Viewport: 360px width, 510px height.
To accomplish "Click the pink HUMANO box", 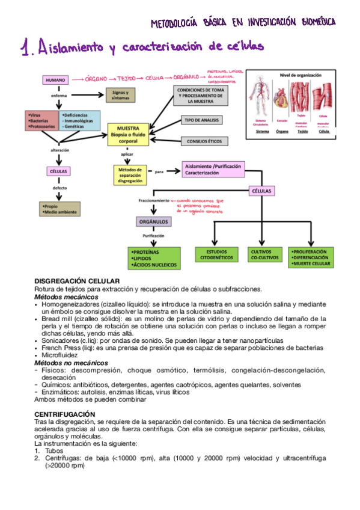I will pos(56,79).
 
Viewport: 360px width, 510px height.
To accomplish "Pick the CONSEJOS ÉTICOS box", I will pos(202,142).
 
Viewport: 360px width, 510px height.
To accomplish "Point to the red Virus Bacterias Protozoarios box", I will pos(40,120).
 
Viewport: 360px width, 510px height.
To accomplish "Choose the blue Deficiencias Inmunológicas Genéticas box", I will pos(80,120).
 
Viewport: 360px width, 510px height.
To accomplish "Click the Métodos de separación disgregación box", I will pos(130,174).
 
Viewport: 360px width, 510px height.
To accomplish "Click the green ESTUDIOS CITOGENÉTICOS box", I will pos(216,254).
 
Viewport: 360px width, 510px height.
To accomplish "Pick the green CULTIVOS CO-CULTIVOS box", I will pos(264,254).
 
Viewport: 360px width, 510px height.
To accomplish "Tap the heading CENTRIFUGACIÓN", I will pos(64,414).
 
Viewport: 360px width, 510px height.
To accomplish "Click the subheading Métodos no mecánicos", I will pos(71,363).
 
